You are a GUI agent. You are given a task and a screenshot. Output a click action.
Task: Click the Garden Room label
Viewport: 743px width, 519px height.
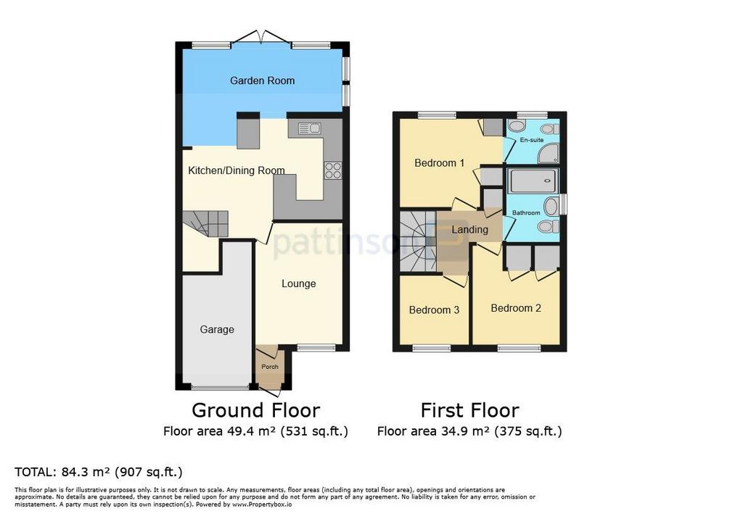pos(262,80)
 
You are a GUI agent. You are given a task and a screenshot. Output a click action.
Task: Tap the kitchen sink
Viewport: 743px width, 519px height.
pos(310,128)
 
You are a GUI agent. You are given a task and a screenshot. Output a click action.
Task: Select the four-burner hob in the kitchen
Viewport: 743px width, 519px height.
pos(333,170)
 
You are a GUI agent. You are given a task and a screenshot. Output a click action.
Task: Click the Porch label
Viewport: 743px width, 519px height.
pos(270,367)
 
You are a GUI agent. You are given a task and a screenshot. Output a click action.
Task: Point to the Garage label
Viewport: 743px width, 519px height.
pos(217,330)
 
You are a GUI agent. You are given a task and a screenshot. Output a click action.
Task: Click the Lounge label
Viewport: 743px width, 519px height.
pos(298,283)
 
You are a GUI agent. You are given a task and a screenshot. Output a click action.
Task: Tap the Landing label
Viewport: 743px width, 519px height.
pos(469,230)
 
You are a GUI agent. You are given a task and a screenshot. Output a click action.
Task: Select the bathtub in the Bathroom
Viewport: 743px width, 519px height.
pos(533,180)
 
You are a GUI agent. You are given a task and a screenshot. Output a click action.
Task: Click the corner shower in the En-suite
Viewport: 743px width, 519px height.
pos(549,154)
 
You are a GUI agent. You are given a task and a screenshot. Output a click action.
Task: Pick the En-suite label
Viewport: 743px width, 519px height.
pos(532,140)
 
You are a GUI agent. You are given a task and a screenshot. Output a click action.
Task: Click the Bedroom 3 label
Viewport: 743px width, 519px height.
pos(434,310)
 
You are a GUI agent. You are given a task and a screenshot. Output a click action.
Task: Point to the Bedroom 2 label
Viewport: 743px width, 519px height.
pos(516,308)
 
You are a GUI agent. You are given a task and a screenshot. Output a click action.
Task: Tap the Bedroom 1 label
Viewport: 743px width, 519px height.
pos(439,163)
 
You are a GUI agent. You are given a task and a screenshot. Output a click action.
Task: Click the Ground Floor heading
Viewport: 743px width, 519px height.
pos(256,410)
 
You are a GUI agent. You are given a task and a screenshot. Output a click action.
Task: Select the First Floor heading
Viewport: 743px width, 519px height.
pos(470,410)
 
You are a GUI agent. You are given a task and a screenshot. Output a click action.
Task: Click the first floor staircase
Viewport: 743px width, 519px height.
pos(417,241)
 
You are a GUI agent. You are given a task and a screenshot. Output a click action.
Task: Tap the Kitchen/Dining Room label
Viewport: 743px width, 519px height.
pos(237,170)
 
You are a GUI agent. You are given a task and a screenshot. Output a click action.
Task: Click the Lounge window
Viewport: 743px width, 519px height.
pos(316,348)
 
